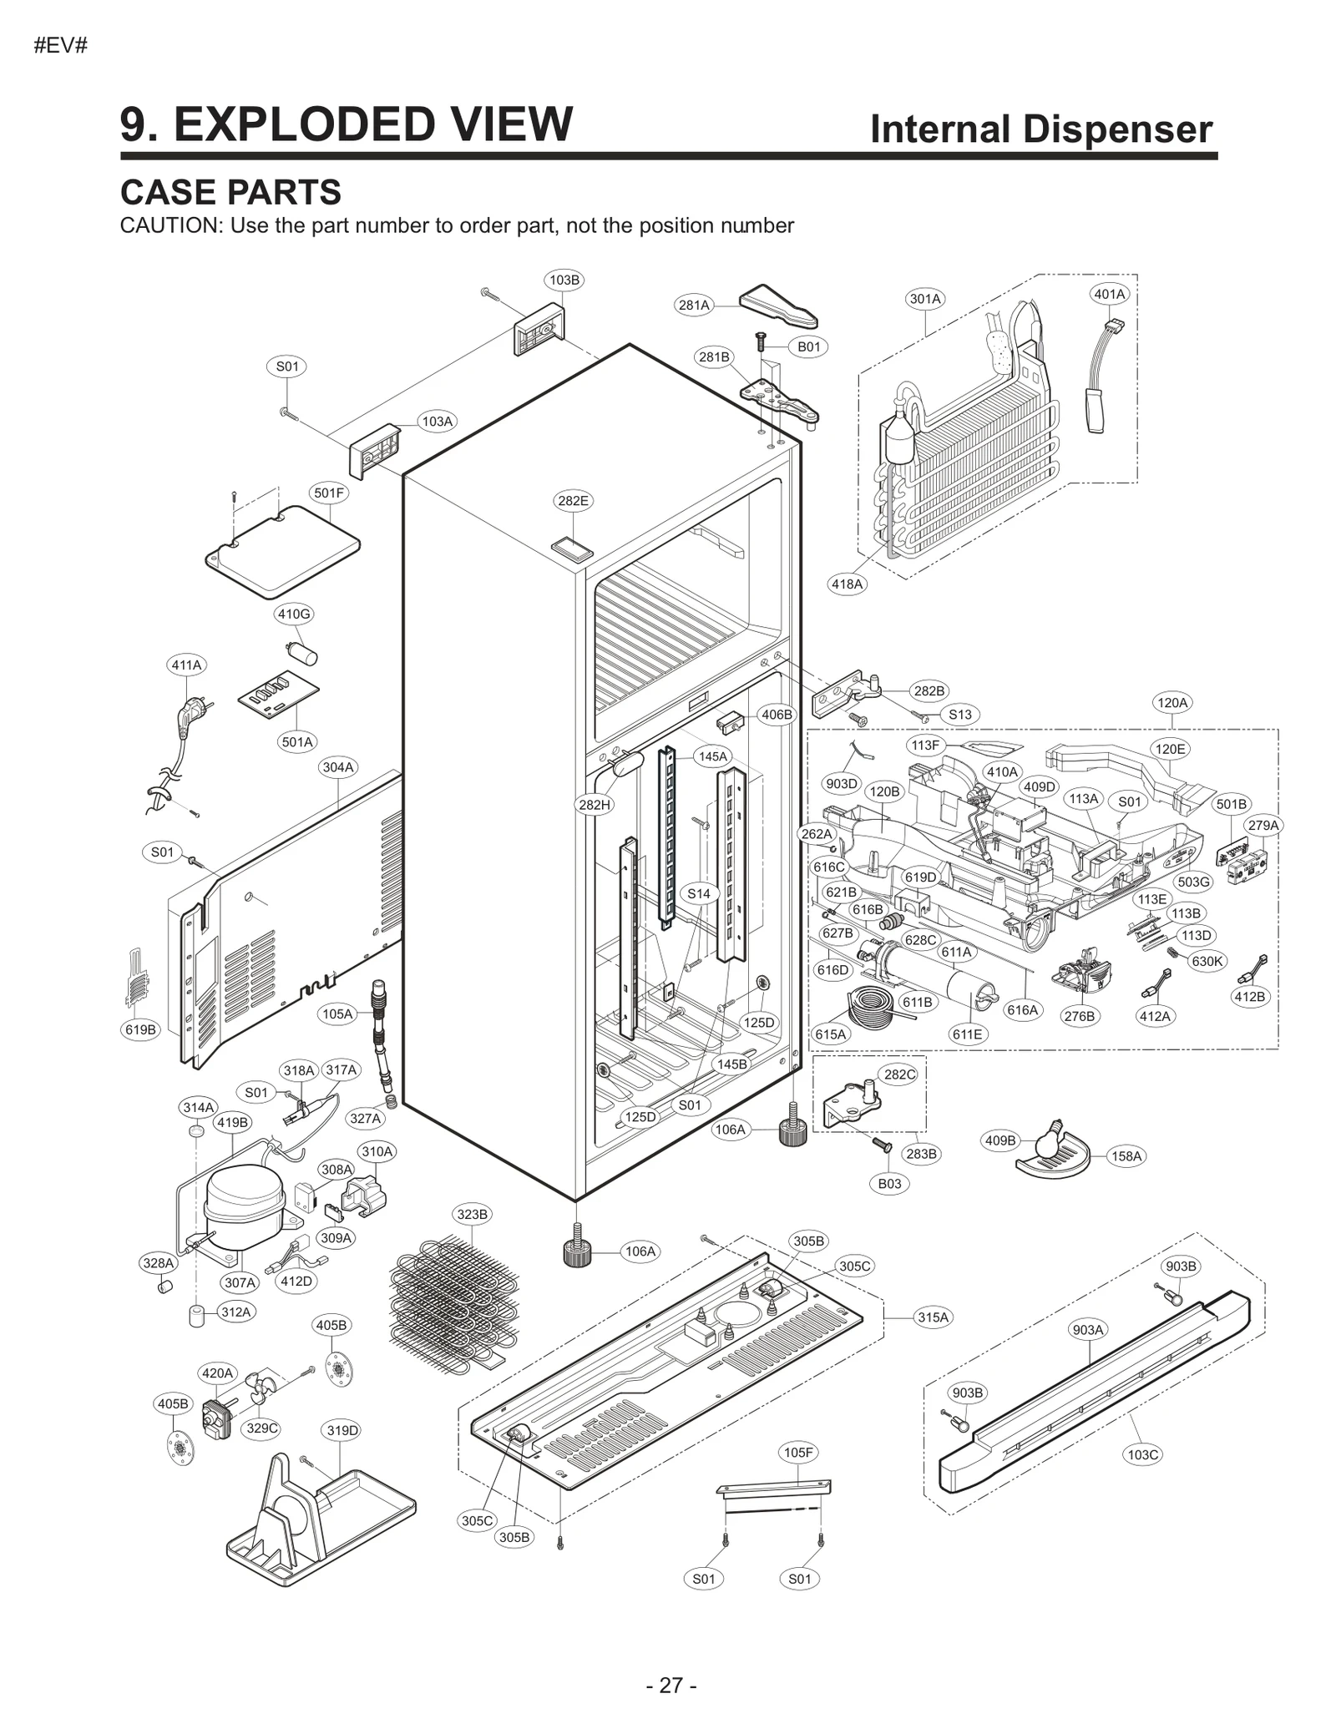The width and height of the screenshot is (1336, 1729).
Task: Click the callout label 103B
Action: (564, 280)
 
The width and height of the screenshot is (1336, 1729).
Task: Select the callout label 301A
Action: (925, 299)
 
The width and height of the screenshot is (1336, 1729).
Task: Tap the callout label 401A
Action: (1110, 294)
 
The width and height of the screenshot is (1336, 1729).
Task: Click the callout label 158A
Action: (1126, 1156)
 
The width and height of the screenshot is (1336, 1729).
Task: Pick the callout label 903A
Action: (1088, 1330)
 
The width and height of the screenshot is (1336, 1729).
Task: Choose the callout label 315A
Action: (934, 1317)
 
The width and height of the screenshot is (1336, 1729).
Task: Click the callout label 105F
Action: (798, 1453)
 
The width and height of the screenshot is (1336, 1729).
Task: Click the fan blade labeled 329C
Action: (261, 1393)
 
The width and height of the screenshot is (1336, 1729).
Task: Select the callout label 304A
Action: (338, 766)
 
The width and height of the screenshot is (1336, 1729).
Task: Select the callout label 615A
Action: (831, 1034)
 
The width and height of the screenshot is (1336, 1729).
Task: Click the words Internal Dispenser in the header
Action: (1040, 129)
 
